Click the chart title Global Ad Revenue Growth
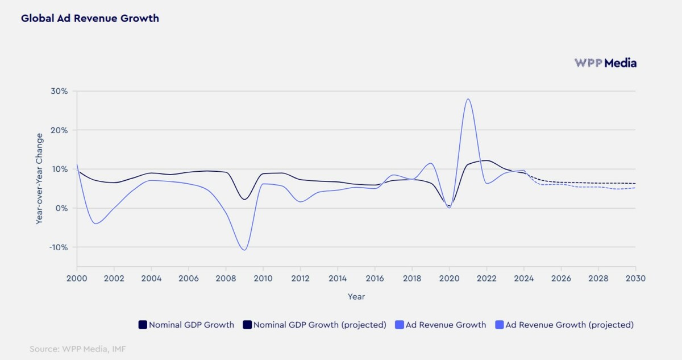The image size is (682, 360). point(90,18)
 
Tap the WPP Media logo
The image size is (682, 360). point(605,63)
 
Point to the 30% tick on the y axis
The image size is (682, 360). point(60,91)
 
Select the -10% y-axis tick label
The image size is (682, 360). point(59,247)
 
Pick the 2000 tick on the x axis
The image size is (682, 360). point(77,278)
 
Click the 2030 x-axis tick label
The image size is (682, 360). point(635,278)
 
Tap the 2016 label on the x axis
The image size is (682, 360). point(375,278)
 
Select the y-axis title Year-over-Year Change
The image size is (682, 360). point(39,179)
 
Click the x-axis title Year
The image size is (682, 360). point(356,296)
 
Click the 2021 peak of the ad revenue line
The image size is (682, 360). point(468,99)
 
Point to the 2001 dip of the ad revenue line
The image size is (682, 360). point(95,224)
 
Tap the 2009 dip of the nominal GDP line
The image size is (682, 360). point(244,199)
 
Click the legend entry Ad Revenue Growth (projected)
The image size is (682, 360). point(569,325)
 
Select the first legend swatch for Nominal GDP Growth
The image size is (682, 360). point(143,325)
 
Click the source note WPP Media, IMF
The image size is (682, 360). point(77,349)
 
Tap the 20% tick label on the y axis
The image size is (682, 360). point(60,130)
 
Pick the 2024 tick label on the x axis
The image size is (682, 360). point(523,278)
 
